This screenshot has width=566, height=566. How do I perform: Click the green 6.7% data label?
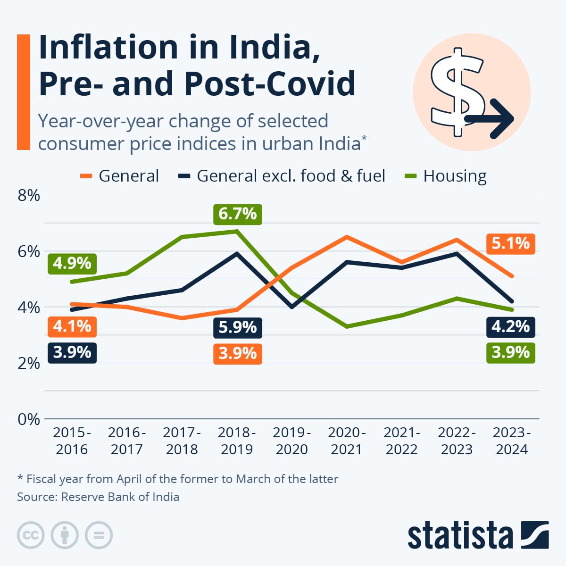(237, 214)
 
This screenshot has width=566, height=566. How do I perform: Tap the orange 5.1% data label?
(510, 243)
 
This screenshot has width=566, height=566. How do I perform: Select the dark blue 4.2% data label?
(510, 327)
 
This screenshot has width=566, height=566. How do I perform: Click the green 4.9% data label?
(72, 263)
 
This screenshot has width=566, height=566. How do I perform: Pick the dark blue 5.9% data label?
(237, 327)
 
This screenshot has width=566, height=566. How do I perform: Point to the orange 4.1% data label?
(72, 326)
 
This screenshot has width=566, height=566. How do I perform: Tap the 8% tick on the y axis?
(28, 195)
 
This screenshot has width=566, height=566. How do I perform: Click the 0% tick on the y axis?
(28, 419)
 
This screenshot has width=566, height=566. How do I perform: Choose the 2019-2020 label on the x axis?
(291, 441)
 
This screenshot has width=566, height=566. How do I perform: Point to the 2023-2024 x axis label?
(512, 441)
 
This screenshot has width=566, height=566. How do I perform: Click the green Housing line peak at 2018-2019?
(237, 231)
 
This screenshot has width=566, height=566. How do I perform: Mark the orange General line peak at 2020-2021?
(347, 236)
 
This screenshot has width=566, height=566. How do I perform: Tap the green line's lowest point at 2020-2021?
(347, 326)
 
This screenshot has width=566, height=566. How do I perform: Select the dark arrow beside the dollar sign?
(491, 118)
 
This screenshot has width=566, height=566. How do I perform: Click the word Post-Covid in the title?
(269, 83)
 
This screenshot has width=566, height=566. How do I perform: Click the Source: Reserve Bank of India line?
(98, 497)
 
